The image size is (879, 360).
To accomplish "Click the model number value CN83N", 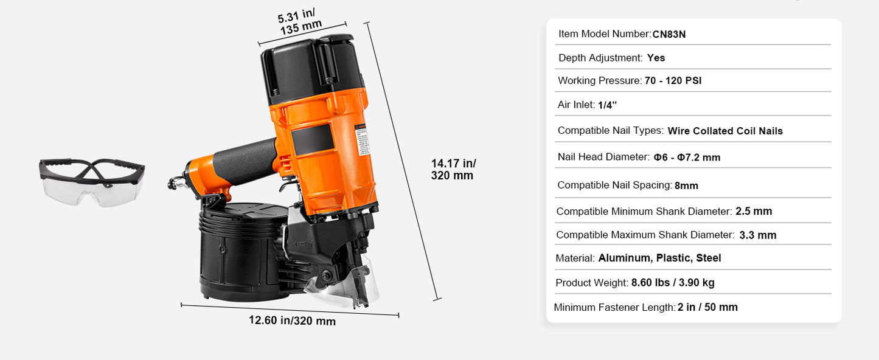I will tap(669, 35).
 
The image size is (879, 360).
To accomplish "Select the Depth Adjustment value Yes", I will tap(656, 58).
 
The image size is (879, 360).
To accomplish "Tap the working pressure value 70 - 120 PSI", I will tap(673, 81).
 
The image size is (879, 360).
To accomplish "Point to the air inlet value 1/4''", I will tap(607, 105).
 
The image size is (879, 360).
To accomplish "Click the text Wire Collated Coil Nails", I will tap(724, 131).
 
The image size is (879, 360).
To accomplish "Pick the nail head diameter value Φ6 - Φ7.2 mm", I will tap(687, 157).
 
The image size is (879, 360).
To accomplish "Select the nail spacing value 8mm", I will tap(686, 185).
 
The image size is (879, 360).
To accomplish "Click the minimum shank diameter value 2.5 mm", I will tap(753, 212).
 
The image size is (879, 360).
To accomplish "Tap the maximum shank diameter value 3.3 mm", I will tap(757, 235).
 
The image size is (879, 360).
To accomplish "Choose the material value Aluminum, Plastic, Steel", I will tap(659, 258).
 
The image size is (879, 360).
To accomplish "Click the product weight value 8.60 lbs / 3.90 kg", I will tap(673, 283).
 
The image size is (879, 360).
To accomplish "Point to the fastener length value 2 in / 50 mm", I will tap(707, 308).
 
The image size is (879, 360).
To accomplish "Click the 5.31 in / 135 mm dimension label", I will tap(300, 23).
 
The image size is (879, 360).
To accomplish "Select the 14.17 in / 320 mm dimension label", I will tap(453, 169).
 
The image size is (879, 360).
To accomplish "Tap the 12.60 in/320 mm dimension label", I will tap(292, 320).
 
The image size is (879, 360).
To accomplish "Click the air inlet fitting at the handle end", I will tap(175, 182).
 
